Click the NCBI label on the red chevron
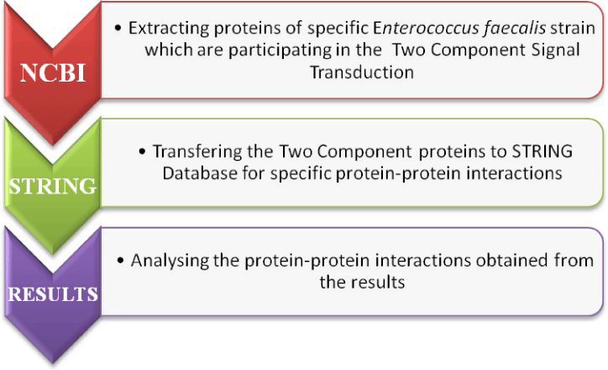(53, 72)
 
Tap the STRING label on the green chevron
(53, 186)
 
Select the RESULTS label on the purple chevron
(53, 294)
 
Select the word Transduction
(362, 72)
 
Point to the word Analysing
(170, 261)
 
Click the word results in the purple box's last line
(378, 283)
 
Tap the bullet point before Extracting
(118, 28)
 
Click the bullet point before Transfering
(142, 151)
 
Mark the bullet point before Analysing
(121, 260)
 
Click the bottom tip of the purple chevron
(53, 363)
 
